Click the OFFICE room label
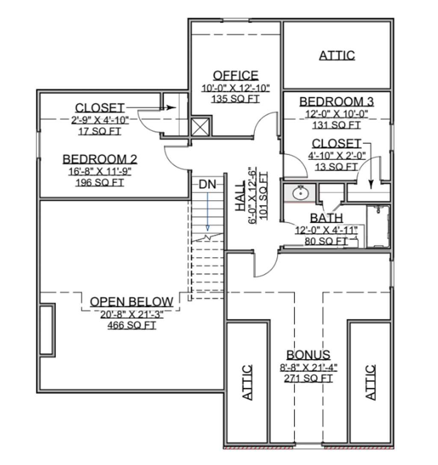coord(236,75)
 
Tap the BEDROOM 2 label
coord(100,159)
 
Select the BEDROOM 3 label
coord(336,102)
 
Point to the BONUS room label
coord(308,355)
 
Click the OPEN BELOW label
coord(131,302)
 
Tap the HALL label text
coord(240,196)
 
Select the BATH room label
coord(326,218)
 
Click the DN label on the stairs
coord(207,184)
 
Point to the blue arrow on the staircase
coord(207,212)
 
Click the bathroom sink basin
coord(301,194)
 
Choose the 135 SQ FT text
coord(236,99)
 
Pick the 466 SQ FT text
coord(131,325)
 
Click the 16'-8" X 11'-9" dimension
coord(100,171)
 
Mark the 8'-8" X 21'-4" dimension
coord(308,368)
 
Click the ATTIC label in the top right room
coord(337,56)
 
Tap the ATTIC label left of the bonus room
coord(247,383)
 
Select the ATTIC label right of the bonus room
coord(370,383)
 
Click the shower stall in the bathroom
coord(378,226)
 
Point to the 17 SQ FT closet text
coord(100,131)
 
